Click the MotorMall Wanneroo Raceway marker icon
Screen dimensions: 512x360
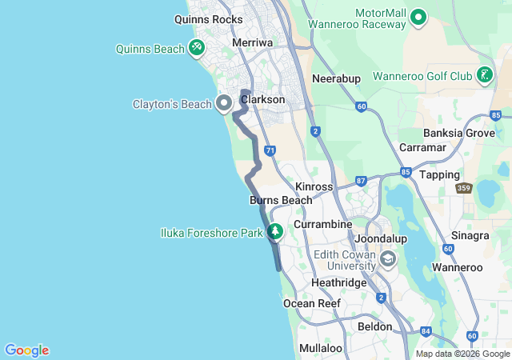pos(418,17)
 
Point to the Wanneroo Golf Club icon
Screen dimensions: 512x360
pos(484,76)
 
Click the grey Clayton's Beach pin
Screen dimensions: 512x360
pos(224,103)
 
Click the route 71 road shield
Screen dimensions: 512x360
pos(270,150)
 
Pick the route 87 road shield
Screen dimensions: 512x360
pos(361,182)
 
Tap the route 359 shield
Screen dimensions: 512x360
pos(462,189)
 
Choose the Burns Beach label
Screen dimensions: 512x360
pos(281,200)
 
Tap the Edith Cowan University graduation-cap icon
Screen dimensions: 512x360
pos(388,258)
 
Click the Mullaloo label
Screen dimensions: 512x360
pos(320,348)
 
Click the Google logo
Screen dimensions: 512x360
pos(26,350)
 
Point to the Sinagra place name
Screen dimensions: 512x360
pos(470,236)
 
